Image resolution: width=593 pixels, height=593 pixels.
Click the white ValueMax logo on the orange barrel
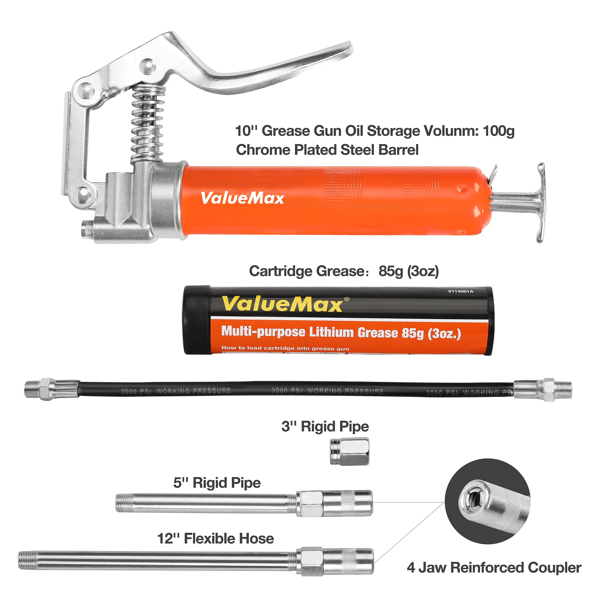[x=242, y=198]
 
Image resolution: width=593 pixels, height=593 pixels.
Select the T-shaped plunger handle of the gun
[x=540, y=203]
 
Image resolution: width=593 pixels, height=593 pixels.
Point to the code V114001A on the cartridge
[x=460, y=291]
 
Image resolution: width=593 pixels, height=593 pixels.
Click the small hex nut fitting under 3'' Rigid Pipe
[x=349, y=452]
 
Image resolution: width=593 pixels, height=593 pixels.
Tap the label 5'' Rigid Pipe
[x=217, y=483]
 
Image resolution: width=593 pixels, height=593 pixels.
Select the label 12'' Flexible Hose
[x=215, y=539]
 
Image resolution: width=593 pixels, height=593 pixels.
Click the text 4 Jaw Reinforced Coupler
[x=494, y=568]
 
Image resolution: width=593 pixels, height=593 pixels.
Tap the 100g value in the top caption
[x=498, y=131]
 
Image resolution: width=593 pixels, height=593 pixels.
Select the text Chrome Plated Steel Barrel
[x=327, y=150]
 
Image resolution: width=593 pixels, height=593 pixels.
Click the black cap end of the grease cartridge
[x=197, y=320]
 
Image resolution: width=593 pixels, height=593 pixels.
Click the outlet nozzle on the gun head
[x=87, y=229]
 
